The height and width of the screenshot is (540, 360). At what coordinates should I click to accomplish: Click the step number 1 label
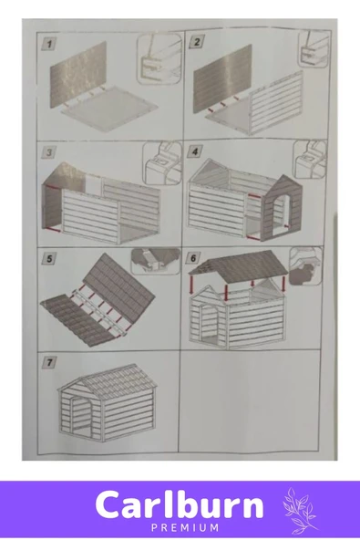49,44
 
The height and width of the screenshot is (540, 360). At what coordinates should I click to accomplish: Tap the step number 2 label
197,42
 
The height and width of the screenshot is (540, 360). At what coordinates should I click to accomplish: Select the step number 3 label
49,152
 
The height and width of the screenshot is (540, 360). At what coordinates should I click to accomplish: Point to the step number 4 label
195,151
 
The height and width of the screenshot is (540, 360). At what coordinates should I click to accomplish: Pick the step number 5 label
49,259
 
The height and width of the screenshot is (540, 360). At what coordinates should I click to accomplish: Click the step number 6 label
192,258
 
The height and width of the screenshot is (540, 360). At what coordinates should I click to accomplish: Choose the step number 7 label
49,362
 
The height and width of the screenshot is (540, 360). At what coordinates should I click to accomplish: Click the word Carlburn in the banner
180,504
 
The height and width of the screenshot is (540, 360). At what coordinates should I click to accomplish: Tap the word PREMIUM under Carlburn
185,527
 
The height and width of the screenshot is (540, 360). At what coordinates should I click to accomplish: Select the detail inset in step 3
161,161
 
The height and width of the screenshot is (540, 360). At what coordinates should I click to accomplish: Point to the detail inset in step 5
155,261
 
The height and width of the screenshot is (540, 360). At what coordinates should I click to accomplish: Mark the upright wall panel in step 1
78,74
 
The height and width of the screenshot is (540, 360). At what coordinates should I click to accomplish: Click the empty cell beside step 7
249,401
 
